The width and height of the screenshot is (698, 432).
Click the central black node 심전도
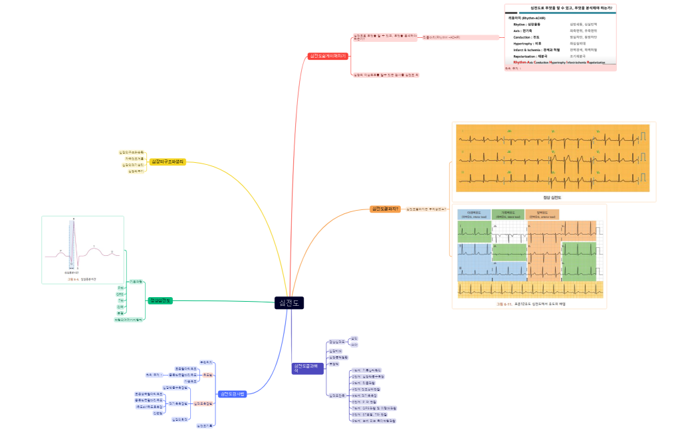pos(289,302)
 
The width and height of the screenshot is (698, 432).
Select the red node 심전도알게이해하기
pos(328,56)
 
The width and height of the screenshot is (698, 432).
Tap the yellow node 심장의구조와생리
pos(168,162)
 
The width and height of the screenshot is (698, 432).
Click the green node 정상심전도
pos(160,300)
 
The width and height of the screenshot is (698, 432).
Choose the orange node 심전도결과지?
pos(386,209)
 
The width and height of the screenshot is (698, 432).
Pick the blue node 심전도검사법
pos(233,394)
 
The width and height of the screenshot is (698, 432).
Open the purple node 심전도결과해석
pos(306,368)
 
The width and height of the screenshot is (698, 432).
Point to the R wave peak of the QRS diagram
pos(74,221)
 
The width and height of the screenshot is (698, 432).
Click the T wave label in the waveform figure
pos(94,247)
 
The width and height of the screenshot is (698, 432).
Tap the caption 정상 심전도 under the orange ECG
pos(552,197)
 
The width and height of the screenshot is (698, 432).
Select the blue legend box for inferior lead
pos(474,215)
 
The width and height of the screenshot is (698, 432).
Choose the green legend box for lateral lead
pos(509,215)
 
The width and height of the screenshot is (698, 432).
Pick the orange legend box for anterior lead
pos(542,215)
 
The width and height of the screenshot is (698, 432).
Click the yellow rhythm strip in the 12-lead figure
pos(530,290)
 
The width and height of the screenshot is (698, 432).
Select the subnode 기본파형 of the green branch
pos(136,282)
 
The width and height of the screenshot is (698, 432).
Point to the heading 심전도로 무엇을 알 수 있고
pos(560,7)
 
